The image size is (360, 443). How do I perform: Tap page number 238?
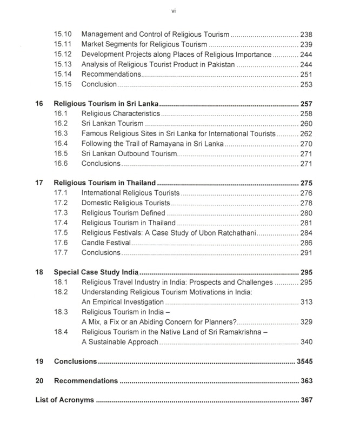[306, 35]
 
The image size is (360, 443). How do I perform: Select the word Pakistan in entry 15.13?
[219, 65]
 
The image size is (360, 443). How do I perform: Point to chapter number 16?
[39, 104]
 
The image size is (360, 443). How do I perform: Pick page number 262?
[306, 133]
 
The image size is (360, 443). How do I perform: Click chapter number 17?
[39, 183]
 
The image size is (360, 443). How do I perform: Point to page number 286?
[306, 243]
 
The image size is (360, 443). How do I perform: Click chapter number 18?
[39, 272]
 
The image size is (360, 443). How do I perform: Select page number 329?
[306, 322]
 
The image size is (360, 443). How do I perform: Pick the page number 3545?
[304, 361]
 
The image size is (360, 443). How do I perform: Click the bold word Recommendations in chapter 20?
[86, 381]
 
